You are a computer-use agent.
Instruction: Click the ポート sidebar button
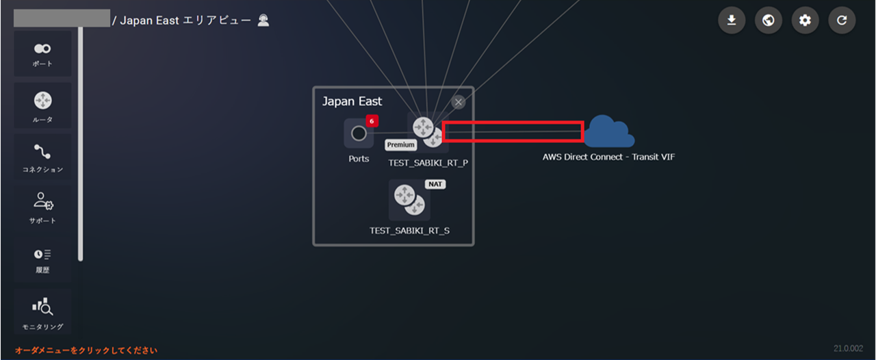pyautogui.click(x=42, y=53)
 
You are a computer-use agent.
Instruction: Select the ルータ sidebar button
pyautogui.click(x=42, y=105)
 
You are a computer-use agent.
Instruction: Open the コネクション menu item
pyautogui.click(x=42, y=157)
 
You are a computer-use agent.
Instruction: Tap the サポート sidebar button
pyautogui.click(x=42, y=207)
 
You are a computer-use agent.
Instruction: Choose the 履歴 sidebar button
pyautogui.click(x=42, y=259)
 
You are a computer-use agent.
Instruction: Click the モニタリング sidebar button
pyautogui.click(x=42, y=311)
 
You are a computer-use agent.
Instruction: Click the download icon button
pyautogui.click(x=732, y=21)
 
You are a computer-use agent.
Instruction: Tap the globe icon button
pyautogui.click(x=769, y=21)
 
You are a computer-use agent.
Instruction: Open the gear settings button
pyautogui.click(x=805, y=21)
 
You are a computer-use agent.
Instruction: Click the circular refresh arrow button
pyautogui.click(x=842, y=21)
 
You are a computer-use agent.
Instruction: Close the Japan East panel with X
pyautogui.click(x=459, y=102)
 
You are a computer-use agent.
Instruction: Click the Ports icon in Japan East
pyautogui.click(x=359, y=133)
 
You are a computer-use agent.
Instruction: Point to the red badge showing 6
pyautogui.click(x=372, y=121)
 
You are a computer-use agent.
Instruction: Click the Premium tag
pyautogui.click(x=401, y=145)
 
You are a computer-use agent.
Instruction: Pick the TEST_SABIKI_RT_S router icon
pyautogui.click(x=409, y=201)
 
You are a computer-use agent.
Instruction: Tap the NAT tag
pyautogui.click(x=435, y=184)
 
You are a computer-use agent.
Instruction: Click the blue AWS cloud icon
pyautogui.click(x=608, y=131)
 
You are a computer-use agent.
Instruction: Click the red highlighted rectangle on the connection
pyautogui.click(x=513, y=131)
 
